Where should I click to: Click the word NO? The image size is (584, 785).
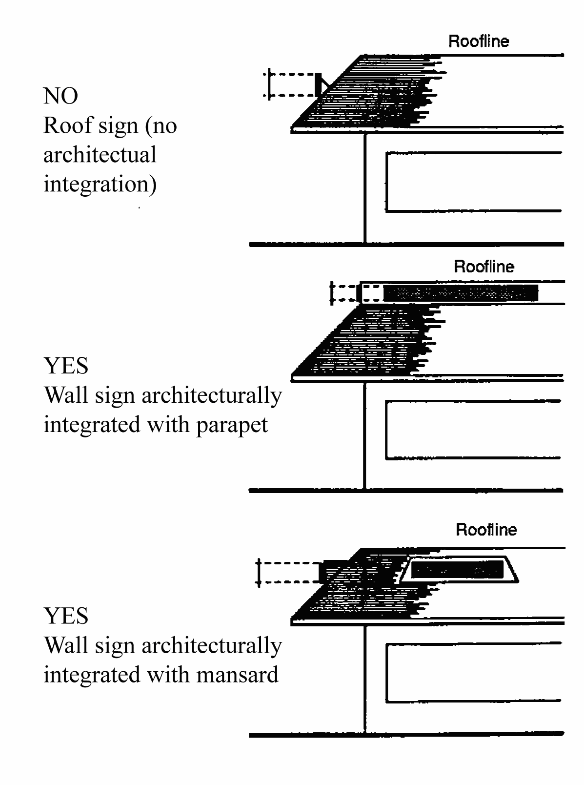pos(60,96)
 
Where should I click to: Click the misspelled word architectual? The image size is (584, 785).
pos(100,155)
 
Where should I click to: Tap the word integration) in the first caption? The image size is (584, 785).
pos(100,185)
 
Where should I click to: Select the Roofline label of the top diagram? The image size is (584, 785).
pos(479,41)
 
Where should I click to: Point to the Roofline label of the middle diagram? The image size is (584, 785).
pos(484,267)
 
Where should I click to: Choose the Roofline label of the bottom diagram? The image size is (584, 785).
pos(486,530)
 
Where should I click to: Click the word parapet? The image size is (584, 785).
pos(232,425)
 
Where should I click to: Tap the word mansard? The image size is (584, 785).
pos(237,675)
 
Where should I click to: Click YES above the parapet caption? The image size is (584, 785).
pos(66,366)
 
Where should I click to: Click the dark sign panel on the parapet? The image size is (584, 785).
pos(461,293)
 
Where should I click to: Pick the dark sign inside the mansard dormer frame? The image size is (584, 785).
pos(457,570)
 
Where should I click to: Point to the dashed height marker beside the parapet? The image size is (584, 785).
pos(331,293)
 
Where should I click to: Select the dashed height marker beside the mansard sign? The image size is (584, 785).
pos(259,573)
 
